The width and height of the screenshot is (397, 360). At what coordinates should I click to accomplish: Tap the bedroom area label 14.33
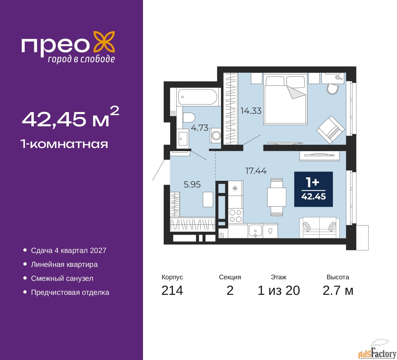coord(251,111)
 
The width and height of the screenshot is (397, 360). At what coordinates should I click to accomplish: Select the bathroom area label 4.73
coord(199,128)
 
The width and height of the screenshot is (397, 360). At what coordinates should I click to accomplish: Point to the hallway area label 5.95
coord(192,184)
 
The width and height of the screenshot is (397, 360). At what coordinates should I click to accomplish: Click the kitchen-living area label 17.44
coord(256,170)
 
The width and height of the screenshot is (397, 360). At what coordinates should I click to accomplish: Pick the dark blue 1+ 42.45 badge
coord(313,189)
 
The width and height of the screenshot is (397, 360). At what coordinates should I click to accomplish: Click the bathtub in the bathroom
coord(197,97)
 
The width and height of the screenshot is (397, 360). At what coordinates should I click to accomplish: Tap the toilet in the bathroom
coord(189,117)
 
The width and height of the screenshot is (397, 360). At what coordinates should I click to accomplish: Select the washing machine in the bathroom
coord(215,135)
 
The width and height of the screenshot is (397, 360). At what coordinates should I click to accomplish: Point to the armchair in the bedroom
coord(331,130)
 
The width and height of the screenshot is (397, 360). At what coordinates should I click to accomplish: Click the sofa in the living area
coord(319,227)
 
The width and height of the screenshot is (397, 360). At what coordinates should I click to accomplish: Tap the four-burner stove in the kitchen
coord(235,216)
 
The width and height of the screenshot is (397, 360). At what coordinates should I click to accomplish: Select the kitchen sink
coord(255,231)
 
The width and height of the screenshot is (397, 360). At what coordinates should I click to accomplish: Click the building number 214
coord(172,290)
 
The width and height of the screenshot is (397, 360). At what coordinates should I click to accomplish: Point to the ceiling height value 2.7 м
coord(338,290)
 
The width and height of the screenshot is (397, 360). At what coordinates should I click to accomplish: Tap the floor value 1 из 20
coord(279,290)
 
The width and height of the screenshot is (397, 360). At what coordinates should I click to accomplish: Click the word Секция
coord(230,277)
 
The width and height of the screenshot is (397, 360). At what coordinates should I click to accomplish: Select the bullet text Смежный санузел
coord(62,278)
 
